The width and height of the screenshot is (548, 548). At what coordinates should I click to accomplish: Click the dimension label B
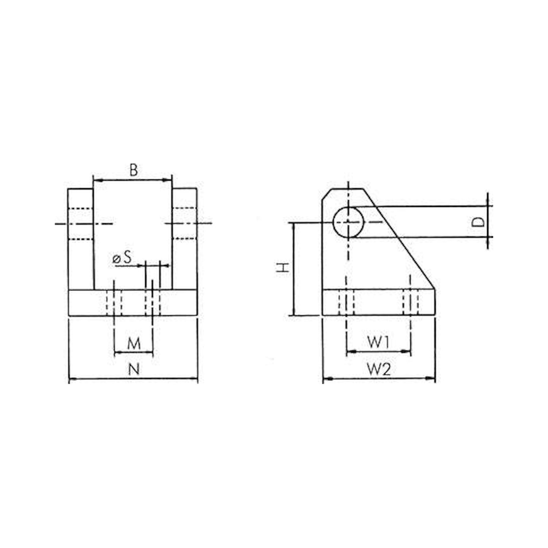pyautogui.click(x=134, y=170)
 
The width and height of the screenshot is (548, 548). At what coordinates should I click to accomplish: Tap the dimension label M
pyautogui.click(x=134, y=344)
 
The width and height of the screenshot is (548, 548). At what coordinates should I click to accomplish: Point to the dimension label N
pyautogui.click(x=134, y=369)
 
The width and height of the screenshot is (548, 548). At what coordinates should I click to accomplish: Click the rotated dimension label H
pyautogui.click(x=283, y=267)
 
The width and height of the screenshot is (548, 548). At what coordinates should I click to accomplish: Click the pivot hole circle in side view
pyautogui.click(x=348, y=222)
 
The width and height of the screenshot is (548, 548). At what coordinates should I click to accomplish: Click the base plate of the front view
pyautogui.click(x=85, y=302)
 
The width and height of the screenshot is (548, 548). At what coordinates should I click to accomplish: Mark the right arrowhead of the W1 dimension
pyautogui.click(x=408, y=352)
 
